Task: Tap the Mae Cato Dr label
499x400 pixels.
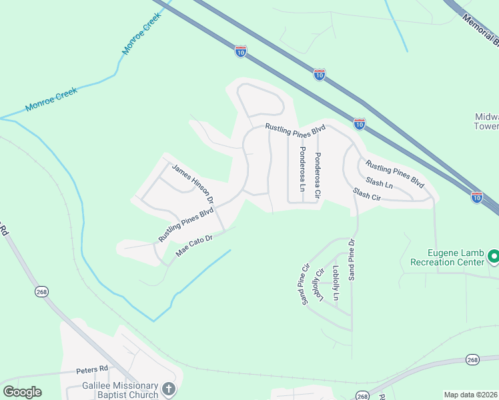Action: pyautogui.click(x=193, y=246)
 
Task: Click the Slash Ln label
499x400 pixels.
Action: pyautogui.click(x=379, y=183)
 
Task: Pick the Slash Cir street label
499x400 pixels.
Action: pyautogui.click(x=366, y=195)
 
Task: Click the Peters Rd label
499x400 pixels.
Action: pyautogui.click(x=92, y=369)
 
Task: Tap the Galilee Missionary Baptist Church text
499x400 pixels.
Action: pyautogui.click(x=120, y=390)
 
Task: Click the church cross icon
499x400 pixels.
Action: pyautogui.click(x=169, y=388)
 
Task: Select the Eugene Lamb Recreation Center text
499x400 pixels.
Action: pyautogui.click(x=456, y=257)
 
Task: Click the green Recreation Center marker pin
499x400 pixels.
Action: pyautogui.click(x=494, y=256)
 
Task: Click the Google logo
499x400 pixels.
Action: pyautogui.click(x=22, y=392)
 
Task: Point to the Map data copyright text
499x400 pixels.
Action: pyautogui.click(x=470, y=395)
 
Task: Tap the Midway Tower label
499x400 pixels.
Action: pyautogui.click(x=486, y=121)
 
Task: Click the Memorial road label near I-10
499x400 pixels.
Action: pyautogui.click(x=480, y=31)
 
